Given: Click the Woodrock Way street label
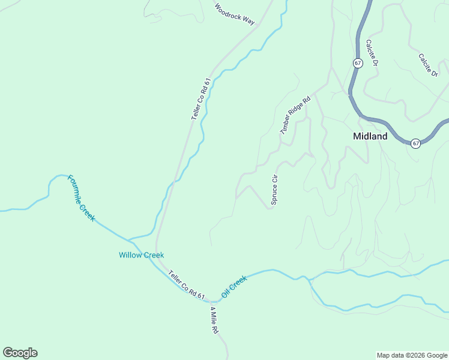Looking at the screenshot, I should click(x=235, y=14).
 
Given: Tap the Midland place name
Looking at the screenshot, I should click(x=370, y=136).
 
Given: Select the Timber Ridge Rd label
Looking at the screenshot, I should click(x=294, y=115).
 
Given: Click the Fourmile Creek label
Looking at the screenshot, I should click(x=81, y=198).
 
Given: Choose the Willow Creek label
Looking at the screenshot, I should click(x=141, y=255).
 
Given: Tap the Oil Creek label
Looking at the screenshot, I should click(x=234, y=286).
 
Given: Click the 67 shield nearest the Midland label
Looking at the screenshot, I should click(x=415, y=143).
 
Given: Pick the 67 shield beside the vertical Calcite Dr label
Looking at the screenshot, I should click(x=358, y=63).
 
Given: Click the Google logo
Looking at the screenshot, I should click(x=20, y=353).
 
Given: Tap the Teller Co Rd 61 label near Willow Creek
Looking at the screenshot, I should click(x=187, y=284).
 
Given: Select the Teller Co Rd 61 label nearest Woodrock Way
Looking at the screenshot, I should click(x=201, y=99).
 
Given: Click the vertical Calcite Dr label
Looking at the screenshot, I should click(x=371, y=53).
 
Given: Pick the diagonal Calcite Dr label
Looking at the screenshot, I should click(x=429, y=65).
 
